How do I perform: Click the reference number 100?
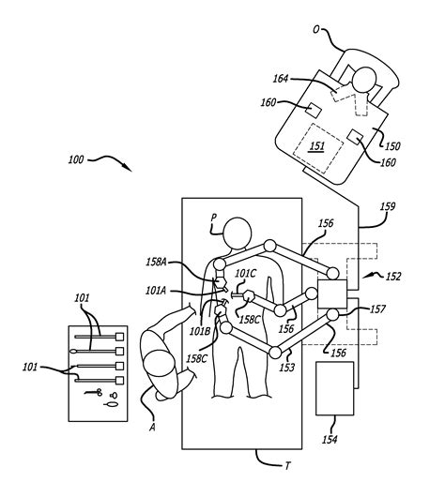click(76, 159)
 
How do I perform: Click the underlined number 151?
click(317, 146)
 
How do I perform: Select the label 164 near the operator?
click(281, 78)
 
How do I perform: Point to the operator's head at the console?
click(363, 80)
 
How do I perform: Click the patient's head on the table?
click(238, 233)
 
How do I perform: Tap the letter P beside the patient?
click(214, 218)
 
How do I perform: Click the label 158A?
click(157, 263)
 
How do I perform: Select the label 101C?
click(245, 273)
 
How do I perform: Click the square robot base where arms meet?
click(332, 294)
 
